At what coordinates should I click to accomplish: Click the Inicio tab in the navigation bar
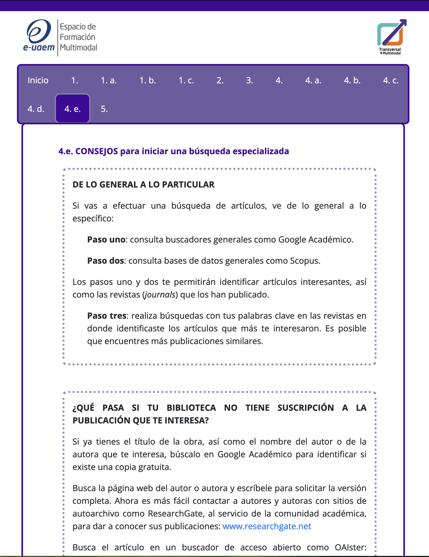coord(38,80)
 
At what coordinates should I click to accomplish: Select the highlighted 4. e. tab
coord(72,109)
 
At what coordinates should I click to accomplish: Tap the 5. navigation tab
coord(104,109)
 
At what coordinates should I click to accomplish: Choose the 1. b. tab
coord(148,80)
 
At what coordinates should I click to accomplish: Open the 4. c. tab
coord(391,80)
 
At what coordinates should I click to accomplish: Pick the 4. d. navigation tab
coord(36,109)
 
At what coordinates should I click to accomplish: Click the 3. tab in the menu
coord(249,80)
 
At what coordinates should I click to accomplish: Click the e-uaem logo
coord(39,36)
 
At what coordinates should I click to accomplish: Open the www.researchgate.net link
coord(267,526)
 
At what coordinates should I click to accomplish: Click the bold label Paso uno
coord(106,240)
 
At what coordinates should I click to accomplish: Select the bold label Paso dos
coord(106,261)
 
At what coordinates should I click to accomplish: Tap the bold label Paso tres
coord(107,316)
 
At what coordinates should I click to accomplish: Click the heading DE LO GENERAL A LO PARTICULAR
coord(143,185)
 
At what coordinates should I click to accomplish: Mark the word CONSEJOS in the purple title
coord(97,151)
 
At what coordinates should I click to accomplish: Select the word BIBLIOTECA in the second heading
coord(191,408)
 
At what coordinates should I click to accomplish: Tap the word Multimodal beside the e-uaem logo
coord(79,48)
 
